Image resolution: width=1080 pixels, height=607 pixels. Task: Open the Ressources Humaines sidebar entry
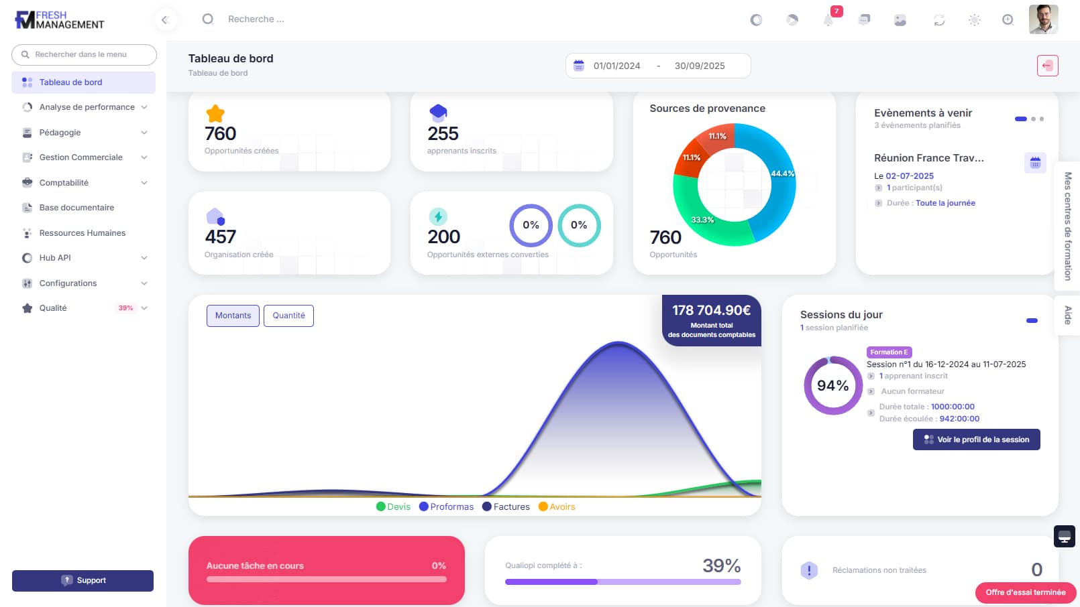(82, 233)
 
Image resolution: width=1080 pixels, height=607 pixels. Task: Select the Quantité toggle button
(288, 316)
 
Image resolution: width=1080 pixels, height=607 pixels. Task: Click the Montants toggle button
(233, 316)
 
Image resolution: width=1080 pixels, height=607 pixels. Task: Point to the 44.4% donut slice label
(782, 174)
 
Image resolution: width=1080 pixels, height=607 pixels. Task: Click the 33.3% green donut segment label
(702, 220)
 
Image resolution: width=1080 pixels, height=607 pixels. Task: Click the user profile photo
(1043, 19)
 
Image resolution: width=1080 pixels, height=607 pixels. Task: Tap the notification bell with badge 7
(828, 20)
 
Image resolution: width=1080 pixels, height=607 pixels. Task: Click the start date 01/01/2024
(616, 66)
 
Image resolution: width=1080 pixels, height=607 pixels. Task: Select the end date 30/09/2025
(700, 66)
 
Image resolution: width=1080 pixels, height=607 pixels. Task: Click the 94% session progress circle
(832, 386)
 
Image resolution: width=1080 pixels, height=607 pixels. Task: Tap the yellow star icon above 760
(215, 113)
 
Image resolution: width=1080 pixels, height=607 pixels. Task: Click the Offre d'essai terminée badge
(1025, 592)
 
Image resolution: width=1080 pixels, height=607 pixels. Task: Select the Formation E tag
(889, 352)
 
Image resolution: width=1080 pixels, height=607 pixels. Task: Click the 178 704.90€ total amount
(711, 310)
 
